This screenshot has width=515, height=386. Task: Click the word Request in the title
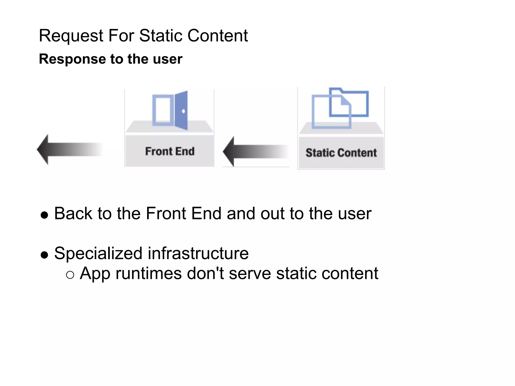pyautogui.click(x=71, y=36)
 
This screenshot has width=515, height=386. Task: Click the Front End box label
pyautogui.click(x=170, y=151)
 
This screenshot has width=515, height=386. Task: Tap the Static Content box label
pyautogui.click(x=341, y=153)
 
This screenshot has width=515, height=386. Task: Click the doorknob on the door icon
pyautogui.click(x=183, y=111)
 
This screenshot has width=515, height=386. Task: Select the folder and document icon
pyautogui.click(x=340, y=108)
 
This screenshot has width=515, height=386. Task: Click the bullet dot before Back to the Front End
pyautogui.click(x=44, y=215)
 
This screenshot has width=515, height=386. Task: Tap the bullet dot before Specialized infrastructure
pyautogui.click(x=44, y=255)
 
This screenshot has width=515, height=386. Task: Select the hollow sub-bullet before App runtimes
pyautogui.click(x=70, y=275)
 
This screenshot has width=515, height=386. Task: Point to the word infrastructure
pyautogui.click(x=198, y=253)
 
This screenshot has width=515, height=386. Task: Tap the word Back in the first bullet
pyautogui.click(x=73, y=214)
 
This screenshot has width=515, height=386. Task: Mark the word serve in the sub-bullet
pyautogui.click(x=250, y=273)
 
